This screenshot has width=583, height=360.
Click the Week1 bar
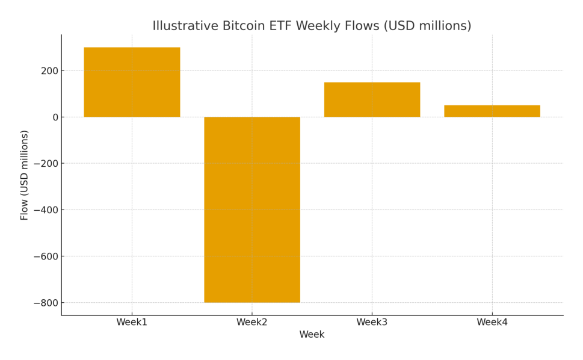pyautogui.click(x=132, y=82)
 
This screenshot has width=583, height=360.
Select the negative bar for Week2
pyautogui.click(x=251, y=209)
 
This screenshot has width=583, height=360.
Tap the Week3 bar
pyautogui.click(x=372, y=99)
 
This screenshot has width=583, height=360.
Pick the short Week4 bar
pyautogui.click(x=492, y=111)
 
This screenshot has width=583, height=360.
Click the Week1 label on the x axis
pyautogui.click(x=132, y=323)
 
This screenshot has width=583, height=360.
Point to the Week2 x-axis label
pyautogui.click(x=251, y=323)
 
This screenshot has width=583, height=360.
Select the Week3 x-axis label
pyautogui.click(x=372, y=323)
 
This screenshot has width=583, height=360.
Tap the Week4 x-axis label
pyautogui.click(x=492, y=323)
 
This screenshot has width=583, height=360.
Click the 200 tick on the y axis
pyautogui.click(x=49, y=71)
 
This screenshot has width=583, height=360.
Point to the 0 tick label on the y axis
pyautogui.click(x=55, y=117)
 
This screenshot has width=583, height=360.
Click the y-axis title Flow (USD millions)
pyautogui.click(x=25, y=175)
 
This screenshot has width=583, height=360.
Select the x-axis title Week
pyautogui.click(x=312, y=335)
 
